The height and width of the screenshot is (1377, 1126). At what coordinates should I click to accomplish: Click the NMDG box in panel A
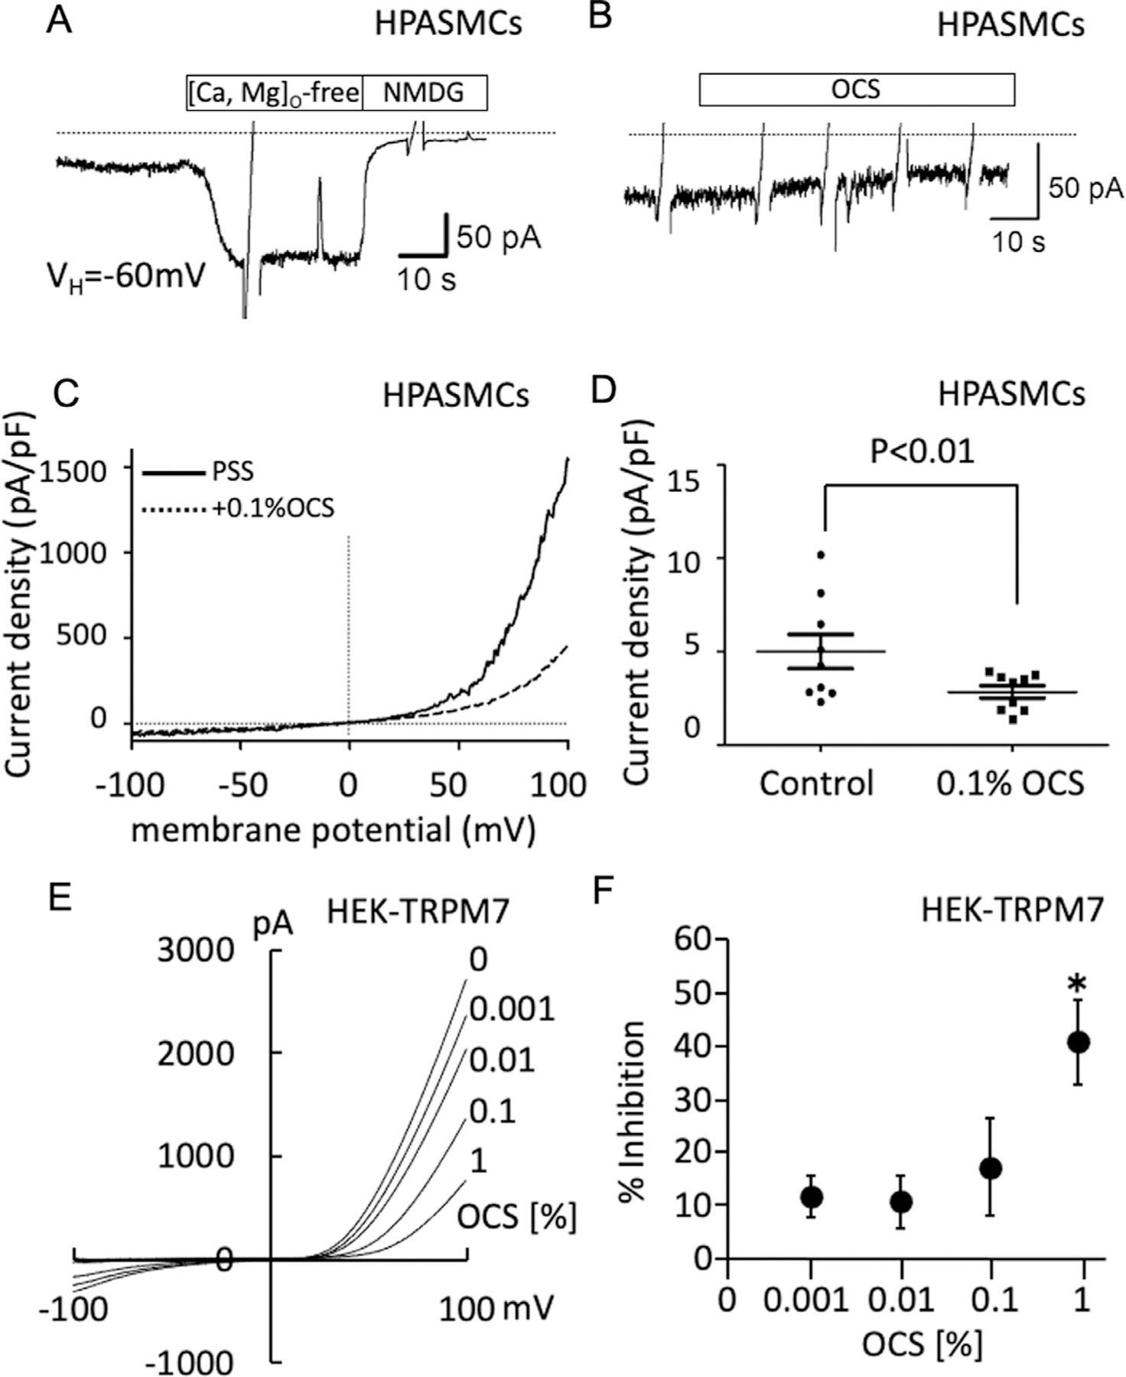(424, 93)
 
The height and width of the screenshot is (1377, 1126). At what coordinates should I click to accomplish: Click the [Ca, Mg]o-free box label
(275, 93)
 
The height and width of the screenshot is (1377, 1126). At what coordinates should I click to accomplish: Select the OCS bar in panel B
(856, 90)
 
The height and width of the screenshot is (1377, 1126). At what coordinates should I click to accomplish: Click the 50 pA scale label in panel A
(499, 238)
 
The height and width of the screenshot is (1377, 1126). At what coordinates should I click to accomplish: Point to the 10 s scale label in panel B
(1019, 243)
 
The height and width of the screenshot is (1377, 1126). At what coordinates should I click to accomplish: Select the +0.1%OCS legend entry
(273, 508)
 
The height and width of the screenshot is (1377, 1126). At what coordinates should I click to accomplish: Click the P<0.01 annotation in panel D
(923, 452)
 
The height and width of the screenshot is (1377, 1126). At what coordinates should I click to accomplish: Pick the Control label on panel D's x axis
(816, 783)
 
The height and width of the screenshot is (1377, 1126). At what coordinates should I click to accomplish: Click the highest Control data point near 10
(821, 554)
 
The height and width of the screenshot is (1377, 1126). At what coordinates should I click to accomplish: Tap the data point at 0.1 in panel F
(991, 1168)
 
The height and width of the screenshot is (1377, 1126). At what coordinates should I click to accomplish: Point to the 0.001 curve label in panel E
(511, 1010)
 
